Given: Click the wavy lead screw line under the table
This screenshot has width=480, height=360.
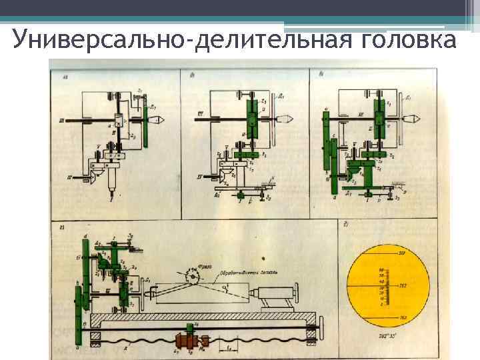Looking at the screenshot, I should click(x=147, y=347).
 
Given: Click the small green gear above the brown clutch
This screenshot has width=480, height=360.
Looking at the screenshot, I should click(x=191, y=327).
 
